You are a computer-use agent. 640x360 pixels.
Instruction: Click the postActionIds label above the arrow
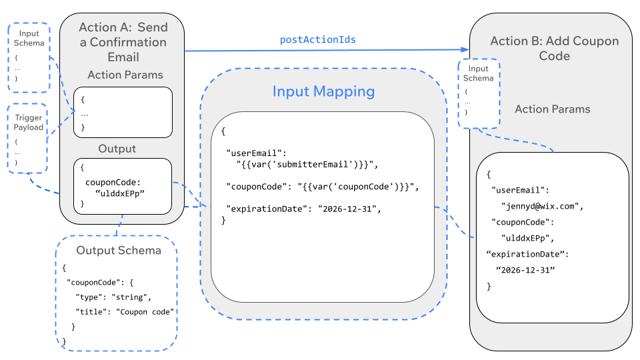(x=317, y=39)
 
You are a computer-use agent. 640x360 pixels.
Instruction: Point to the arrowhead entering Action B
(x=465, y=50)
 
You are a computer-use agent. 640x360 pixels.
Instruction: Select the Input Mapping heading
(x=323, y=91)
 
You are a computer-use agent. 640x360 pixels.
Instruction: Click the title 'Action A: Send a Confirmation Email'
(x=123, y=42)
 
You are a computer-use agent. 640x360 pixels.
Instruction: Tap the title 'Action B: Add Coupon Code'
(x=554, y=48)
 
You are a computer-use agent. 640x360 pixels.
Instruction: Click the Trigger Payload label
(x=29, y=123)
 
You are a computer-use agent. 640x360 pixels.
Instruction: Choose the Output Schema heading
(x=119, y=250)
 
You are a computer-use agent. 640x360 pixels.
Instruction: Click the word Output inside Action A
(x=117, y=148)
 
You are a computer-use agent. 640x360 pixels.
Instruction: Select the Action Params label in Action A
(x=125, y=75)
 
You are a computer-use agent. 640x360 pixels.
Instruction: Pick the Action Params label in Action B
(x=552, y=109)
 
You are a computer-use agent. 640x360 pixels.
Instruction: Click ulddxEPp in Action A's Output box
(x=121, y=193)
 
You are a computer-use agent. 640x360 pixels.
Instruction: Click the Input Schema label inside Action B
(x=479, y=73)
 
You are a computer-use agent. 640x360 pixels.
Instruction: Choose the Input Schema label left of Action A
(x=29, y=38)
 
